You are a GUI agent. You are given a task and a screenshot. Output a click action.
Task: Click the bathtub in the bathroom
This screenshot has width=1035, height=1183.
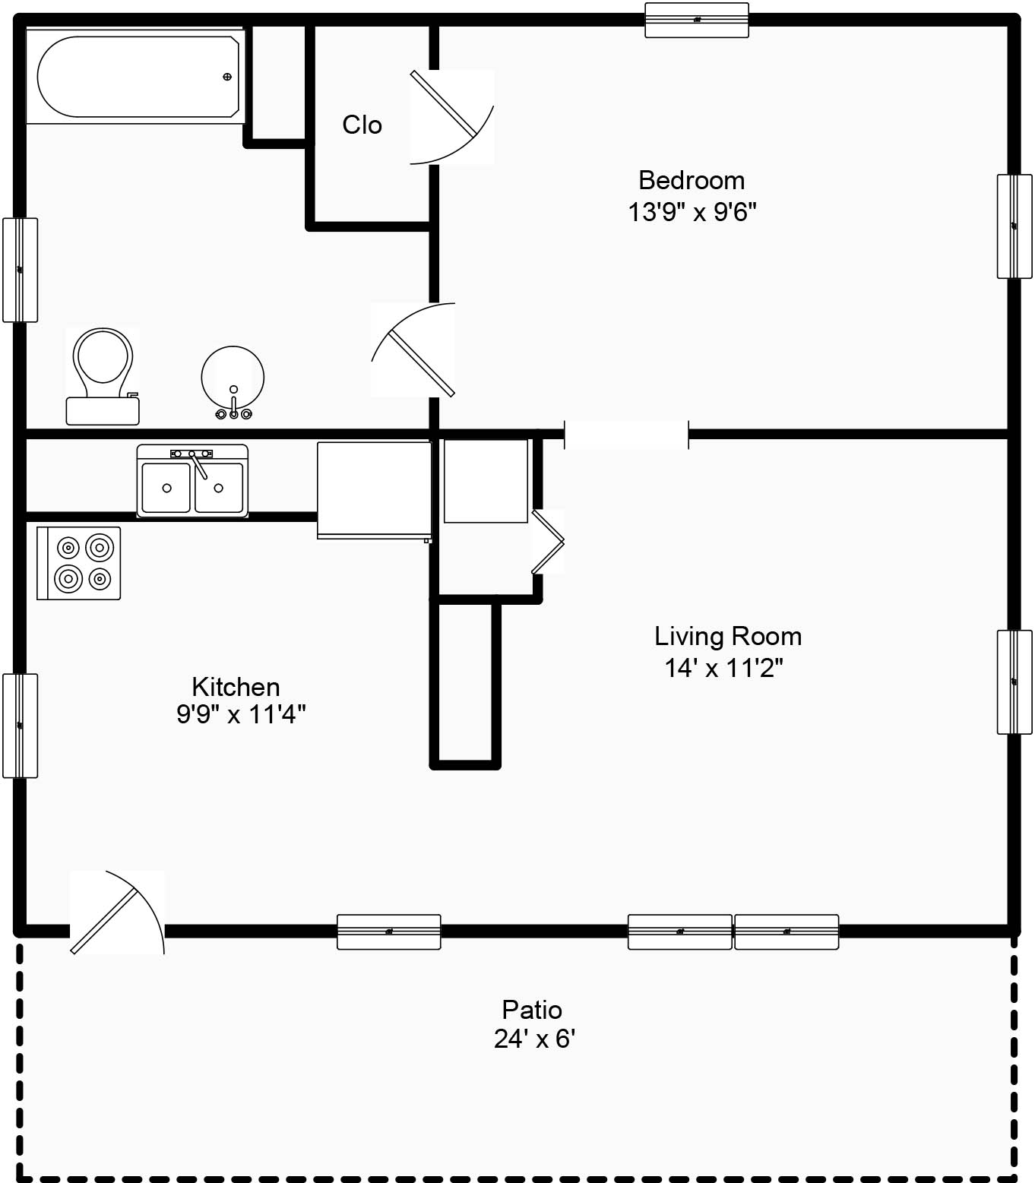(135, 76)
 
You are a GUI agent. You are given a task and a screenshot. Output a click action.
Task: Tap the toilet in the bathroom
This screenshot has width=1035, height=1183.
(103, 376)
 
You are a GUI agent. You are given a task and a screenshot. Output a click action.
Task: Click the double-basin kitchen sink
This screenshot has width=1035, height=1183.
(192, 480)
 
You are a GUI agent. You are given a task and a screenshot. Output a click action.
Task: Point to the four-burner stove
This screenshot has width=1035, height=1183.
(78, 563)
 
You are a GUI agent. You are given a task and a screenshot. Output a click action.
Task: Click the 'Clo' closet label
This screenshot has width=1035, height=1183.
(362, 125)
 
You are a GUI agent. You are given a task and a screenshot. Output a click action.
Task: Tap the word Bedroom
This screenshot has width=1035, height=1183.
(692, 180)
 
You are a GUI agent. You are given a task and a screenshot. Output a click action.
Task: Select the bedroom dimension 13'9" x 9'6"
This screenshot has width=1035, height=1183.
(692, 212)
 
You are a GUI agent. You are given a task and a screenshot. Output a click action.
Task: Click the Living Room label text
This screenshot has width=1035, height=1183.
(728, 636)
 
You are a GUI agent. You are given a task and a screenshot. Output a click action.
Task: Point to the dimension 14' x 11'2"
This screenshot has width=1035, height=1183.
(723, 668)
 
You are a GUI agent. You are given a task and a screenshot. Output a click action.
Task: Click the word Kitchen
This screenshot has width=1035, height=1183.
(236, 687)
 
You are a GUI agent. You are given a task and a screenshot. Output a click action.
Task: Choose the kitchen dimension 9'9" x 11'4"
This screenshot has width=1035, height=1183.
(241, 714)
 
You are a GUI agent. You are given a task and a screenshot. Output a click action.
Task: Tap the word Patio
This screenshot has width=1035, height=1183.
(532, 1010)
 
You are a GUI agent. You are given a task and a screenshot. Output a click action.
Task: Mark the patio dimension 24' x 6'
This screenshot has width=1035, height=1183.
(534, 1039)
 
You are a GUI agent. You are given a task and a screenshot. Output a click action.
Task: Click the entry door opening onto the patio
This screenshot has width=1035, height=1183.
(117, 913)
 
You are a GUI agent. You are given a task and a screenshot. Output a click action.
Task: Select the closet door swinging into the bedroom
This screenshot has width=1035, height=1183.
(451, 117)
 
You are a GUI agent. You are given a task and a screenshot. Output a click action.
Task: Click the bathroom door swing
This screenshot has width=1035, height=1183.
(413, 350)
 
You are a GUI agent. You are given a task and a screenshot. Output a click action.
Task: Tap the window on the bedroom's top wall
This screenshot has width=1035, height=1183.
(697, 21)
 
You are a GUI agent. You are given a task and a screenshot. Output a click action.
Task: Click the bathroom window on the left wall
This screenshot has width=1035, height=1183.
(21, 270)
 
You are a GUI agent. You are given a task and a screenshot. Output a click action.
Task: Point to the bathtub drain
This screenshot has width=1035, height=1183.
(227, 77)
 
